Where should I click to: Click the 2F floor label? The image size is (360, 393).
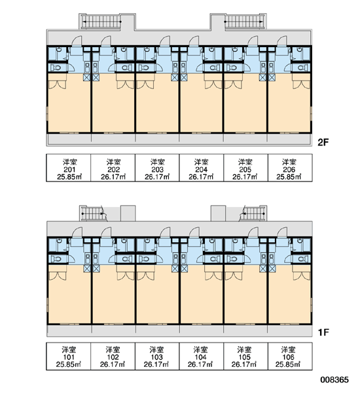coord(323,143)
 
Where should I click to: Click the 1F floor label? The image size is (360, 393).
coord(323,332)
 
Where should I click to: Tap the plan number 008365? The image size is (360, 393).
coord(334,380)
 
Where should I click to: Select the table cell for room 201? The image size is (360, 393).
coord(69,168)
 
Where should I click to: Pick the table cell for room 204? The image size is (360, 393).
coord(201,168)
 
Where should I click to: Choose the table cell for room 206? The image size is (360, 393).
coord(290,168)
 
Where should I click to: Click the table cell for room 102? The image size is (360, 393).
coord(113,356)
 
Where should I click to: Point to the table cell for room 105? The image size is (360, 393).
coord(245,356)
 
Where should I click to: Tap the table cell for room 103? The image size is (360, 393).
coord(157,356)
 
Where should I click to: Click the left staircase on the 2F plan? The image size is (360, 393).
coord(101,22)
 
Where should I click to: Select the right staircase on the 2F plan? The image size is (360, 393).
coord(244,22)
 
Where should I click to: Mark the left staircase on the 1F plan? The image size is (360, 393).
coord(93,214)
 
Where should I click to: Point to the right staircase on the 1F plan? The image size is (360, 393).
coord(253,214)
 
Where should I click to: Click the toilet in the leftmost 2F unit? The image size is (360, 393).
coord(56,67)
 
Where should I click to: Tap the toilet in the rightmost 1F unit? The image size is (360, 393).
coord(303,259)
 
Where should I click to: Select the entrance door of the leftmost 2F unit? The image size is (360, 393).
coord(77,41)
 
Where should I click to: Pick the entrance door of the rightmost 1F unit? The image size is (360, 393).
coord(282,233)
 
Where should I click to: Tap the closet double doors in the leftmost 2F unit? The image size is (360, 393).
coord(58,84)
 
